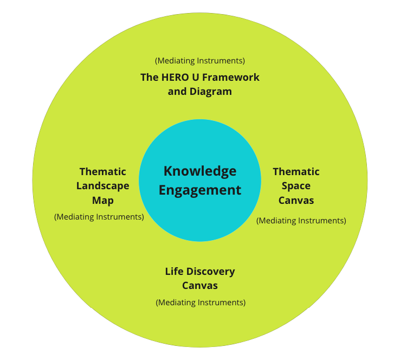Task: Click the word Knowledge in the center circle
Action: pyautogui.click(x=200, y=171)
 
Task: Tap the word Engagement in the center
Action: pyautogui.click(x=200, y=190)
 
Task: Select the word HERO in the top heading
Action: pyautogui.click(x=175, y=78)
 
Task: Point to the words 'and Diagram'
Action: pyautogui.click(x=200, y=92)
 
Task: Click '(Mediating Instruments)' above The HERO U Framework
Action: pyautogui.click(x=200, y=60)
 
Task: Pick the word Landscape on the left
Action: pyautogui.click(x=102, y=186)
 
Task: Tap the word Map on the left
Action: pyautogui.click(x=102, y=201)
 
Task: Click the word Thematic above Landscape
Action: pyautogui.click(x=102, y=172)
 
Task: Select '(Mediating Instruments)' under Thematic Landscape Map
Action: pyautogui.click(x=99, y=217)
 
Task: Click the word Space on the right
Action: pyautogui.click(x=296, y=186)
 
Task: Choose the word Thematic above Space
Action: pyautogui.click(x=296, y=172)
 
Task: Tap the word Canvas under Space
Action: pyautogui.click(x=296, y=201)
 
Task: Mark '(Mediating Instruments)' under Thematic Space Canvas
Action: pyautogui.click(x=301, y=221)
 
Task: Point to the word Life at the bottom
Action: pyautogui.click(x=175, y=271)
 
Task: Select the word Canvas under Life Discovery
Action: pyautogui.click(x=200, y=286)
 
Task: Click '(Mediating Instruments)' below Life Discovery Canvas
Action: pyautogui.click(x=201, y=302)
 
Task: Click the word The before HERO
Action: pyautogui.click(x=149, y=78)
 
